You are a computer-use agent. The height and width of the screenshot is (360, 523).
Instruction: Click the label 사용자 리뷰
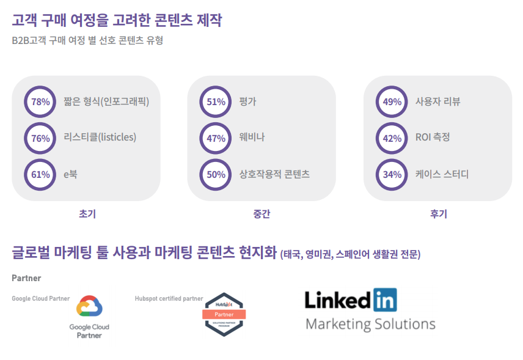pyautogui.click(x=437, y=101)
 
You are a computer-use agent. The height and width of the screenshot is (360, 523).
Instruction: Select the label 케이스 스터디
pyautogui.click(x=442, y=174)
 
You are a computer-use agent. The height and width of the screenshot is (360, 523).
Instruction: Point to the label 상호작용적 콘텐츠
pyautogui.click(x=274, y=174)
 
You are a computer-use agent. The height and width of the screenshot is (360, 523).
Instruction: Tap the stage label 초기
pyautogui.click(x=87, y=213)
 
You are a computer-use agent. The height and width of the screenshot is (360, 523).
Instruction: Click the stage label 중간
pyautogui.click(x=262, y=213)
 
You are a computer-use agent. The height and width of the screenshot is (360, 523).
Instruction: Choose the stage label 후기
pyautogui.click(x=439, y=213)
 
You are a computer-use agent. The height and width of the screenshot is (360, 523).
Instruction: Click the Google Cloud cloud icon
pyautogui.click(x=89, y=306)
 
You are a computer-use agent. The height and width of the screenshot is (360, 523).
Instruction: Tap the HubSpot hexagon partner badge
pyautogui.click(x=224, y=314)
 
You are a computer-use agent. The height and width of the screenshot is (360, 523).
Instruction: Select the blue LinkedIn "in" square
pyautogui.click(x=385, y=299)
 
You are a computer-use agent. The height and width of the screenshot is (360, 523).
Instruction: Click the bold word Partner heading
pyautogui.click(x=26, y=278)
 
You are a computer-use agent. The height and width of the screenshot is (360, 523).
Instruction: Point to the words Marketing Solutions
pyautogui.click(x=371, y=325)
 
